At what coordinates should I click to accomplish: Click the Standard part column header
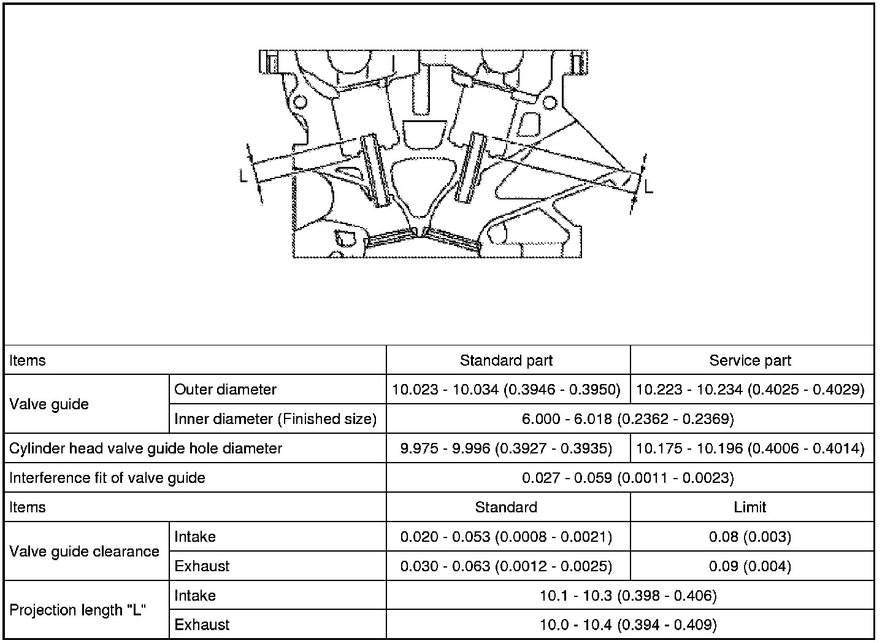[506, 360]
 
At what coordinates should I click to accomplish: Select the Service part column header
[750, 360]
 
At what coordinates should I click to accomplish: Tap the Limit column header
[750, 507]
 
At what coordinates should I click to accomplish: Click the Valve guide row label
[49, 404]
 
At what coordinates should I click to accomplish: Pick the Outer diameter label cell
[225, 390]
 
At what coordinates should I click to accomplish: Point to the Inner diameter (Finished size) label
[275, 419]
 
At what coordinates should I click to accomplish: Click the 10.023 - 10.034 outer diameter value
[506, 390]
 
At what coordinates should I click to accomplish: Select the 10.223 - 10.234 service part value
[750, 390]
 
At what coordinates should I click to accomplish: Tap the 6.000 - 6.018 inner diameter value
[628, 419]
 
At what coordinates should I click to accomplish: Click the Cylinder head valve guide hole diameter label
[145, 449]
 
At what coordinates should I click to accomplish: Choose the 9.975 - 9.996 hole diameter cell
[506, 449]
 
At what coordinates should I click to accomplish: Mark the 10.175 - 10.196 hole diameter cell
[750, 449]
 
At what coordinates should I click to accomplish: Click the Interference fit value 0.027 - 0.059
[628, 478]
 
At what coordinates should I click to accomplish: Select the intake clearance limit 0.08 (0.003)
[750, 537]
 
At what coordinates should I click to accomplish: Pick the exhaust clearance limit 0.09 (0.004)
[750, 566]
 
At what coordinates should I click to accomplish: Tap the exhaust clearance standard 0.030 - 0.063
[506, 566]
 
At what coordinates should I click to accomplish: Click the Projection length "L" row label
[77, 610]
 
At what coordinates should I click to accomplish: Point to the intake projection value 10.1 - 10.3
[628, 596]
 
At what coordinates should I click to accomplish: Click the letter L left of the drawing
[244, 176]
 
